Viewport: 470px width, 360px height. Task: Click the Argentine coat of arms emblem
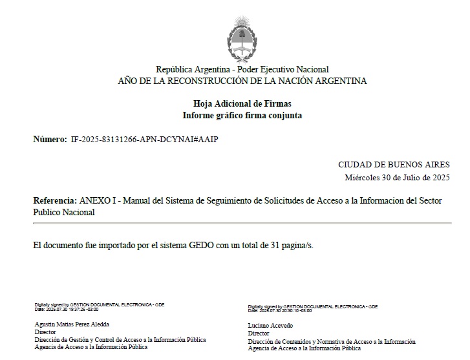242,37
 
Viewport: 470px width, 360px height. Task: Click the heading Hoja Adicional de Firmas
242,103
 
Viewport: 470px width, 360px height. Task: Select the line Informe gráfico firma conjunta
242,115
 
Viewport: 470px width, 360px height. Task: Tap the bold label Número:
50,140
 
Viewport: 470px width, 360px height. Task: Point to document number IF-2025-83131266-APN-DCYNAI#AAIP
145,140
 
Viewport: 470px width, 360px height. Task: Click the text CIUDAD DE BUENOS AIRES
394,165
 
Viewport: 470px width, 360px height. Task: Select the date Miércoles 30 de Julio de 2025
397,177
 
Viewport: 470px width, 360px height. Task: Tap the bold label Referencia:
55,201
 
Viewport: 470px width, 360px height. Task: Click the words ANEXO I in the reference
96,201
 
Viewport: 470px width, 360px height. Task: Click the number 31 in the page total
270,246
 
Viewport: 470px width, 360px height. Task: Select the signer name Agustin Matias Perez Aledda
72,324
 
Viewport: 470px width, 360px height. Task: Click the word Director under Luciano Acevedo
259,334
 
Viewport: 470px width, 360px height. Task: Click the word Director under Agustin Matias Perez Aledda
45,332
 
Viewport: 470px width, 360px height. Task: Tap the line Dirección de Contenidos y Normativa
332,341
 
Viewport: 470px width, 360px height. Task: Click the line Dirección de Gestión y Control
120,339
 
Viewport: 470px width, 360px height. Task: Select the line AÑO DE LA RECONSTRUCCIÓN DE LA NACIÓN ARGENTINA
242,81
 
